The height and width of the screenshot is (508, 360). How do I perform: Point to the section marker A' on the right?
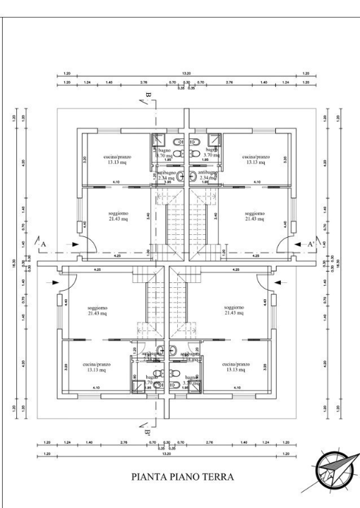click(311, 243)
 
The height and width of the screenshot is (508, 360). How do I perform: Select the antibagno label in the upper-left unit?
click(166, 175)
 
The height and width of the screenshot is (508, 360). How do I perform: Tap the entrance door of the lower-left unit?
click(67, 284)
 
